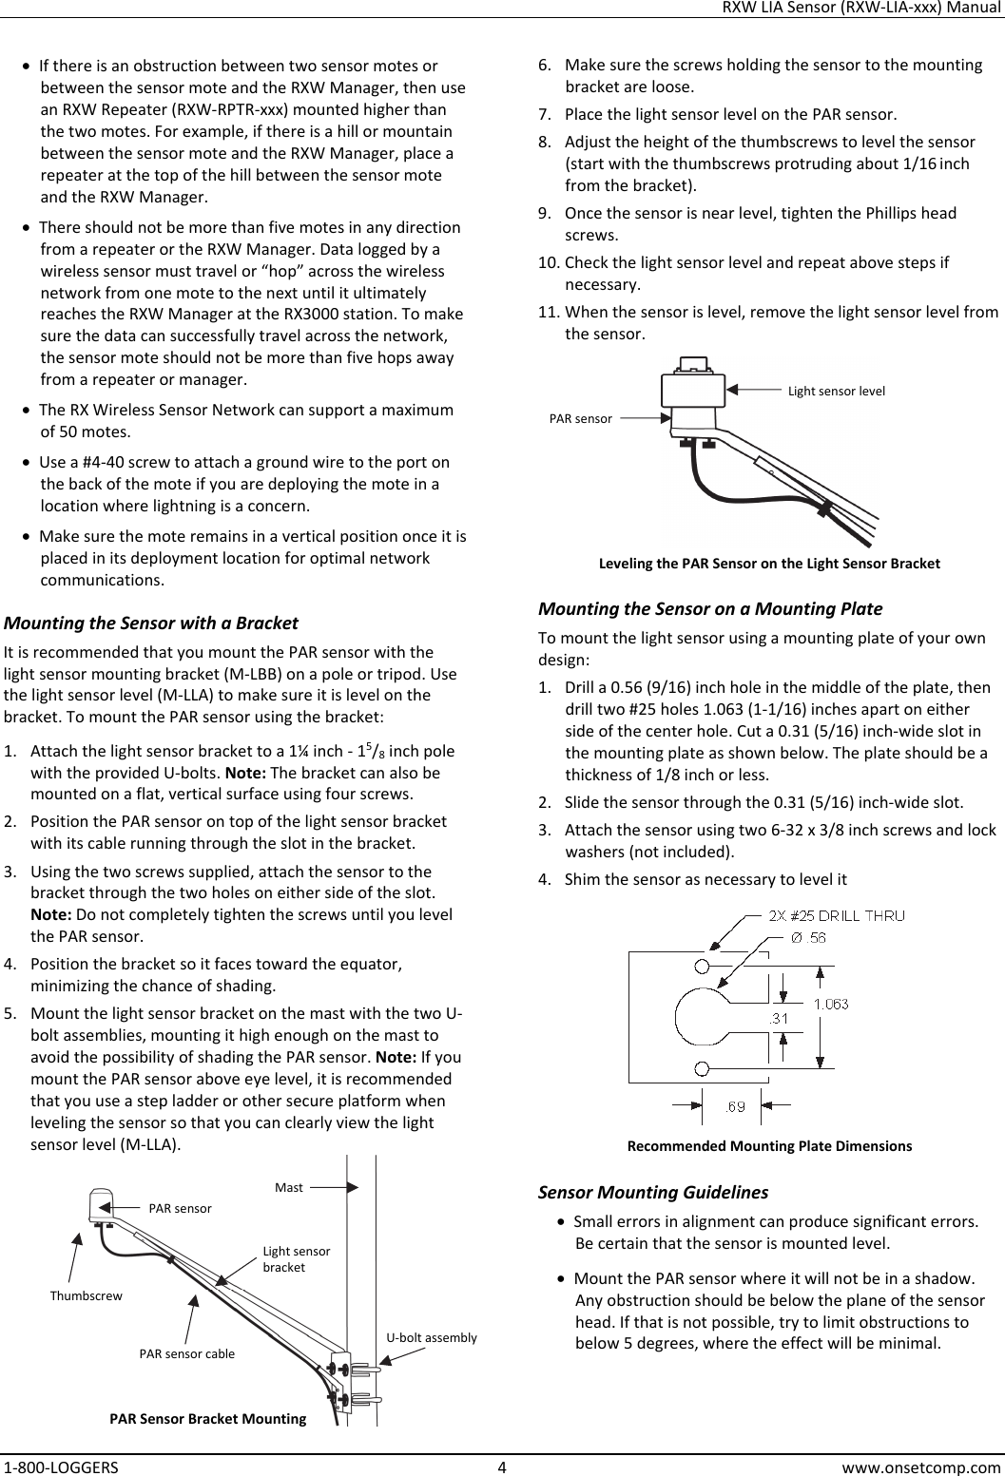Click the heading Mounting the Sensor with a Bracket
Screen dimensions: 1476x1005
click(x=152, y=623)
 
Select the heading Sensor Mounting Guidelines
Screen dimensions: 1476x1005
click(x=653, y=1192)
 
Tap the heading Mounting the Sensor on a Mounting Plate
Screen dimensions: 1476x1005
click(x=709, y=608)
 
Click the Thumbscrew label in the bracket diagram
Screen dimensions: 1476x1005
click(x=86, y=1295)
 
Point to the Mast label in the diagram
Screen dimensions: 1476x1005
click(x=288, y=1187)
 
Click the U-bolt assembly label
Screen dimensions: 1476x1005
click(x=431, y=1337)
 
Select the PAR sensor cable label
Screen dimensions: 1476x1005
click(x=187, y=1352)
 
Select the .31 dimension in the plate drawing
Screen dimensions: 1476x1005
click(x=780, y=1018)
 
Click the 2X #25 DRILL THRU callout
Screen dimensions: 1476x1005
click(x=836, y=916)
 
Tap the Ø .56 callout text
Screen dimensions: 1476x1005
click(x=808, y=937)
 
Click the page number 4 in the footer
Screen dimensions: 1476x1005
click(x=501, y=1466)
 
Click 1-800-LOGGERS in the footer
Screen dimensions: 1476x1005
click(x=61, y=1466)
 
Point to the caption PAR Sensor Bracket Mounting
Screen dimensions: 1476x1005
click(x=208, y=1419)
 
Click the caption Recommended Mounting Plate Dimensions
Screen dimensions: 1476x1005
click(x=769, y=1145)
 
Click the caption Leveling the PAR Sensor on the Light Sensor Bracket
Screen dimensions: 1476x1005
click(x=769, y=564)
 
